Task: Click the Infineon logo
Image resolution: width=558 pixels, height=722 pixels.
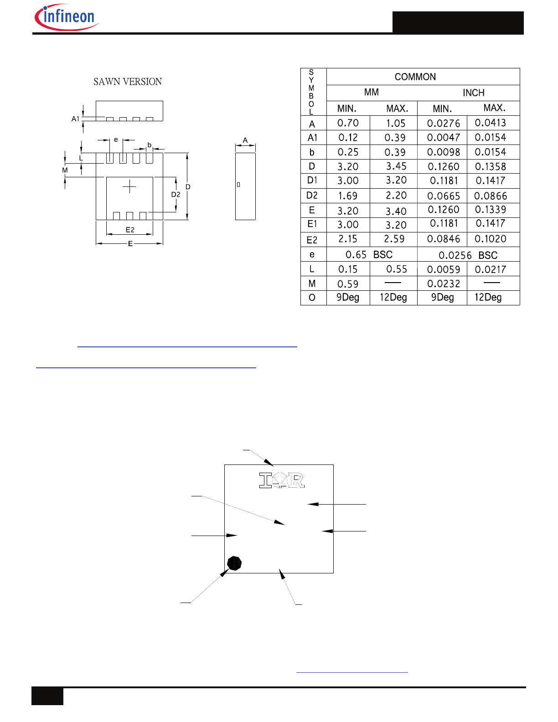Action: click(67, 17)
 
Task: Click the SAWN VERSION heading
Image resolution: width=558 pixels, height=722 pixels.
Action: click(128, 82)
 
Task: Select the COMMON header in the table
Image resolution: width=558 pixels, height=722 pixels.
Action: click(415, 77)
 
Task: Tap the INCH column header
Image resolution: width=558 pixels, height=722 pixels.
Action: click(474, 93)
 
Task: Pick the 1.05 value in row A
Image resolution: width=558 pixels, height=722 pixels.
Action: click(396, 123)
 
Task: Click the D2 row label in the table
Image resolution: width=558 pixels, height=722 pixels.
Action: click(312, 196)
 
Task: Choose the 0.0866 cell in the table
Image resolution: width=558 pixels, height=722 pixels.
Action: click(491, 196)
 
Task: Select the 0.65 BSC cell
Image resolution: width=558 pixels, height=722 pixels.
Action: click(369, 254)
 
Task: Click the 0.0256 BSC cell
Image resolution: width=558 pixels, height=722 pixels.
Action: click(468, 255)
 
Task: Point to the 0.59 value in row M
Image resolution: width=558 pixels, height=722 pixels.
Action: click(348, 284)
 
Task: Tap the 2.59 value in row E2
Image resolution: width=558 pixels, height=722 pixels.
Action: click(394, 239)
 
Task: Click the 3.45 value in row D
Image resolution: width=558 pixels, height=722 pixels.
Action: click(396, 166)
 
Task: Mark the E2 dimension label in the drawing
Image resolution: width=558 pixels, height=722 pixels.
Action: click(130, 230)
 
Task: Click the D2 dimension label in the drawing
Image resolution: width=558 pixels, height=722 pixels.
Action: click(176, 194)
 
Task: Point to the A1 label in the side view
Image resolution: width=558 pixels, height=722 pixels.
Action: click(75, 119)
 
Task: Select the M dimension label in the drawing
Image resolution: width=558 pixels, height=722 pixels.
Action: click(65, 170)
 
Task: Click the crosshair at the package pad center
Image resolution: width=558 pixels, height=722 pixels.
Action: click(129, 186)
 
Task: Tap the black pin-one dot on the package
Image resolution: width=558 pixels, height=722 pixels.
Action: click(234, 563)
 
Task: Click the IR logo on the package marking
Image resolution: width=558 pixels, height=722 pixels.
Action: click(281, 480)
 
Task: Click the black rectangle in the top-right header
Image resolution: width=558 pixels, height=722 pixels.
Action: click(458, 23)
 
